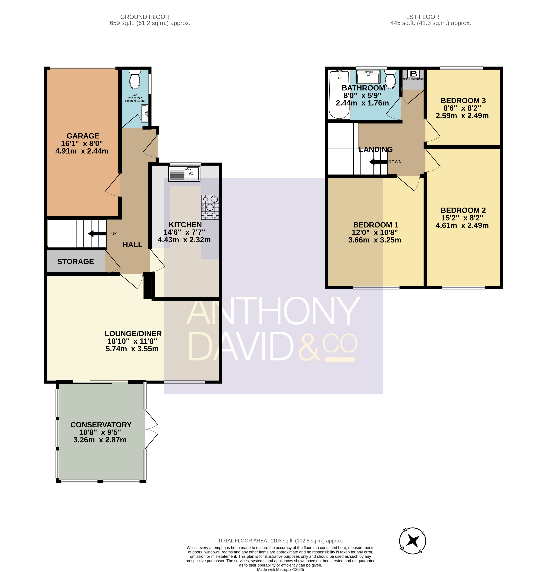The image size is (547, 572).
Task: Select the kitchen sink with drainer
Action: click(x=184, y=174)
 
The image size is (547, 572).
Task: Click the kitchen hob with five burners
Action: click(x=210, y=207)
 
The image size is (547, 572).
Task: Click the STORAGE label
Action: click(x=76, y=262)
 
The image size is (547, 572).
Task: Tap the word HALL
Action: click(x=132, y=245)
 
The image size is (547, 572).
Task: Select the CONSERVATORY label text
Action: click(x=101, y=425)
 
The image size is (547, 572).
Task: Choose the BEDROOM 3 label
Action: click(x=463, y=100)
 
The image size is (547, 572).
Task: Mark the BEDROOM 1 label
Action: click(x=375, y=225)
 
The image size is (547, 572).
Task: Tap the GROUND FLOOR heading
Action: click(x=145, y=17)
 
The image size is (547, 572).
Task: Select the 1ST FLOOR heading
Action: click(x=423, y=17)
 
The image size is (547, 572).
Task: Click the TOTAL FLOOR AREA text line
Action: click(x=280, y=541)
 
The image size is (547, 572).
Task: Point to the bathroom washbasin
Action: click(x=368, y=77)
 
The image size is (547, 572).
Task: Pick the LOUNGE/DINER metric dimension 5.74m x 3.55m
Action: click(x=132, y=349)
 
